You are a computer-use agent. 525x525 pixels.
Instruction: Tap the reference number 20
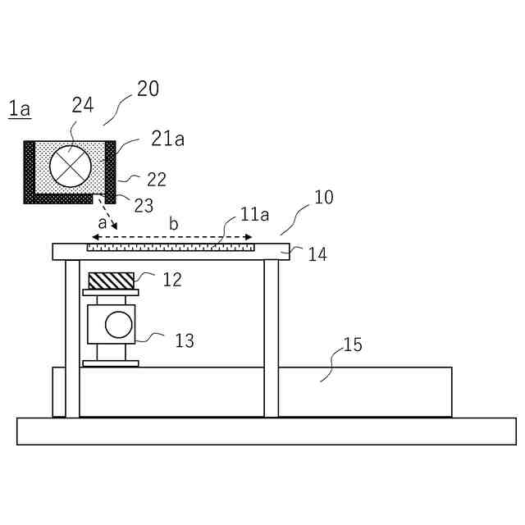click(148, 89)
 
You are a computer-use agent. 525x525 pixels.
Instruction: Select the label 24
click(82, 104)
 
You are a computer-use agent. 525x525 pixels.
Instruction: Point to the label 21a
click(167, 139)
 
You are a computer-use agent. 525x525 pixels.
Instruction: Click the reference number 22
click(157, 178)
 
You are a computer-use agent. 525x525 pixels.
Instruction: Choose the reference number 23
click(143, 205)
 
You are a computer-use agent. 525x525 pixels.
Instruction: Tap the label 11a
click(254, 215)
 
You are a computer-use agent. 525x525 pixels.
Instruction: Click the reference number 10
click(324, 198)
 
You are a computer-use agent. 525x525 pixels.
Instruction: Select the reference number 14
click(317, 254)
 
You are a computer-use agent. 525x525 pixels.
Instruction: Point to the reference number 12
click(172, 279)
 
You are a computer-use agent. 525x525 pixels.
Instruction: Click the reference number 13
click(185, 340)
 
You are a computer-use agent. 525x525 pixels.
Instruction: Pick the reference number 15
click(352, 345)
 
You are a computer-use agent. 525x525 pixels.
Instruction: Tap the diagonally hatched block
click(111, 280)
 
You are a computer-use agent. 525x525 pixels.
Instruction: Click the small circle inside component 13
click(118, 324)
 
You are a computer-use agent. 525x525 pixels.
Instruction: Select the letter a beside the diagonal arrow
click(102, 222)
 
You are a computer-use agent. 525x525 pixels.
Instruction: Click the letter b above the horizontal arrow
click(173, 223)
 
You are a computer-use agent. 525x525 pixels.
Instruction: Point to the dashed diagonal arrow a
click(108, 213)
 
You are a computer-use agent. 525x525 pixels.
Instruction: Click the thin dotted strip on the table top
click(171, 245)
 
